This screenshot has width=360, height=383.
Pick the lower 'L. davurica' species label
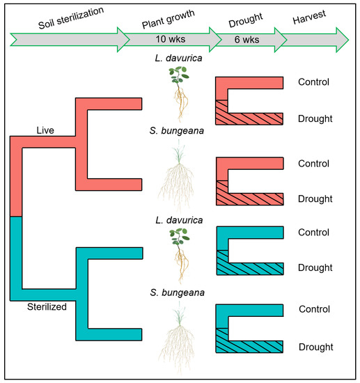coord(179,219)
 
